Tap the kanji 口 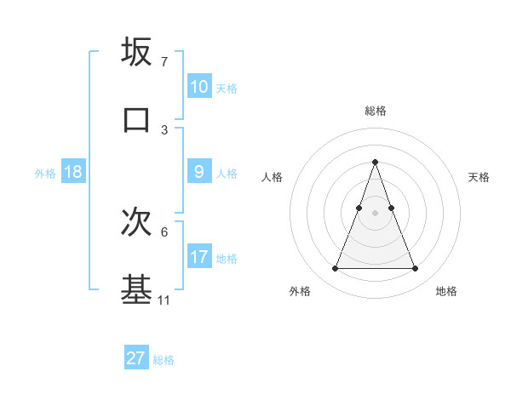click(x=137, y=118)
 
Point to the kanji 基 click(x=137, y=289)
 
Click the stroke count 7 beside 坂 click(x=164, y=62)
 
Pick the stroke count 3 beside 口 click(x=164, y=129)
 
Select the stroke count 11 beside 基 click(x=164, y=300)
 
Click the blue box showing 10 click(x=199, y=87)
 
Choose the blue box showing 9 click(x=199, y=172)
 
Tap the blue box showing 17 click(x=199, y=257)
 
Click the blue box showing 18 click(x=73, y=172)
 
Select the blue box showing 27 click(x=136, y=358)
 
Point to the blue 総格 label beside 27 click(x=164, y=360)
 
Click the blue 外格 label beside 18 click(x=45, y=174)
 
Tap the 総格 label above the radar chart click(x=375, y=111)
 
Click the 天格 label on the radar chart click(x=479, y=177)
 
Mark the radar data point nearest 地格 click(x=416, y=269)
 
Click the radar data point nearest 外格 click(x=335, y=269)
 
